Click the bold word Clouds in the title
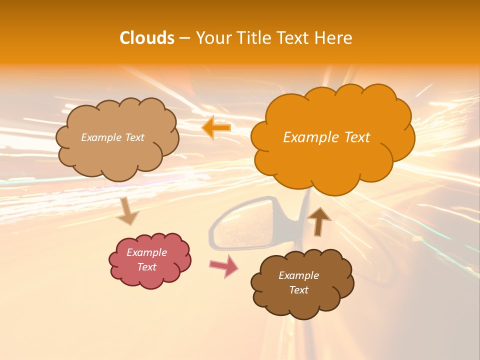point(147,38)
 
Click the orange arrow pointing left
point(216,127)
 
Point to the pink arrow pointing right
point(223,266)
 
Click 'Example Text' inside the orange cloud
point(326,137)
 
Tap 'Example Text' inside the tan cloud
point(112,137)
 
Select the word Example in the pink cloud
point(147,252)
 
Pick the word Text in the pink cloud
point(147,267)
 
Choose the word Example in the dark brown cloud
point(298,275)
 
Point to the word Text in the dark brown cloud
point(298,290)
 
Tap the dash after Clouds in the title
point(184,38)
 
